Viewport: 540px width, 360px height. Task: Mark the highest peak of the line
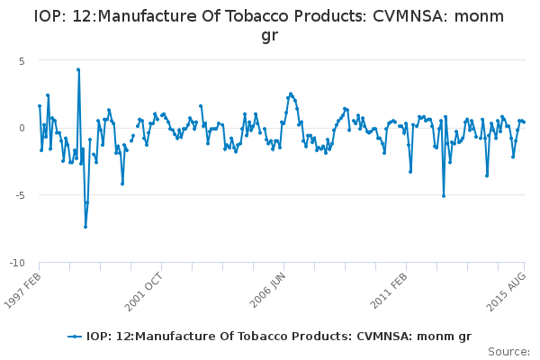point(78,69)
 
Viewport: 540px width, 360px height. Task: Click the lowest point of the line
point(85,227)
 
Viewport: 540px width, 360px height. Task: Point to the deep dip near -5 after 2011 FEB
point(444,195)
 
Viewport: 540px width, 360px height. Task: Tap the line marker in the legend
point(76,337)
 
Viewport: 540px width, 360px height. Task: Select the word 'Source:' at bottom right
point(509,351)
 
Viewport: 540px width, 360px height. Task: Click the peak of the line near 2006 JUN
point(291,94)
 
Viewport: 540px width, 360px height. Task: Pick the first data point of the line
point(40,106)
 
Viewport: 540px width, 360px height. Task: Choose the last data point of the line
point(524,121)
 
